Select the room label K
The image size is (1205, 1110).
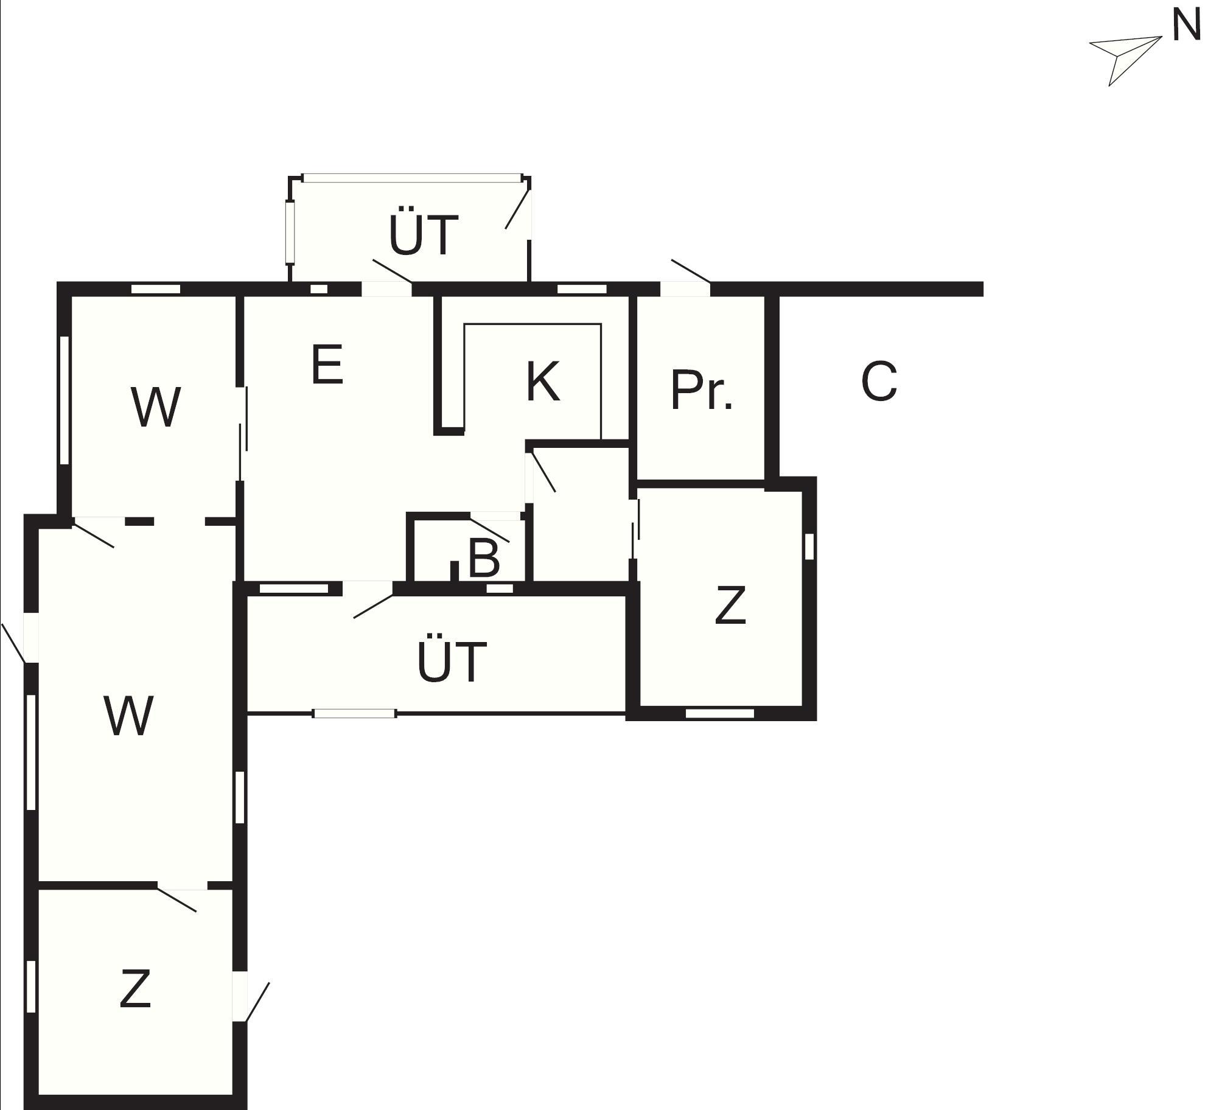(x=542, y=382)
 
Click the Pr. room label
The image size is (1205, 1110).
(x=702, y=389)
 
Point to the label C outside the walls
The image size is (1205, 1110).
(x=879, y=381)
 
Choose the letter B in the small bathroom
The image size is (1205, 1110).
(x=484, y=558)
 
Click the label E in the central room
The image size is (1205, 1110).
(x=327, y=364)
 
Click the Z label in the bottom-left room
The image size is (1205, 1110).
(x=134, y=1006)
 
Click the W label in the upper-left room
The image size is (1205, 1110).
(x=156, y=407)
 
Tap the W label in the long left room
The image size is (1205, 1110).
(x=128, y=716)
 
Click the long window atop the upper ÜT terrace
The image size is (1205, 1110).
(x=412, y=178)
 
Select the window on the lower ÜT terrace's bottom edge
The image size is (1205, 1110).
(x=354, y=713)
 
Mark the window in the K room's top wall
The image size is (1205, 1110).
(x=582, y=289)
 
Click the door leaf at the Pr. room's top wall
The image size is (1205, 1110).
(x=691, y=271)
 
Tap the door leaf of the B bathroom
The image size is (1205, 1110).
(x=489, y=529)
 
